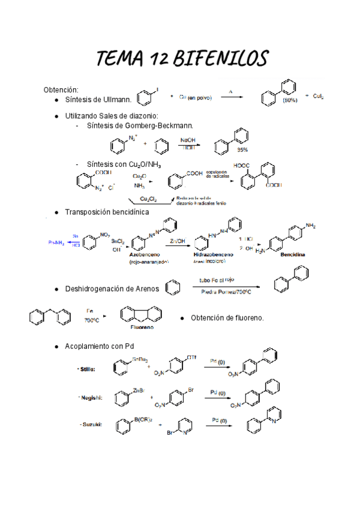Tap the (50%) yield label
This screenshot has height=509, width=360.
(290, 101)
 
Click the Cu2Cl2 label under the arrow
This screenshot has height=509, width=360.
(149, 199)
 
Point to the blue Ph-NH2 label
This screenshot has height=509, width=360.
(56, 242)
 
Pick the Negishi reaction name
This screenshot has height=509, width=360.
(89, 397)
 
